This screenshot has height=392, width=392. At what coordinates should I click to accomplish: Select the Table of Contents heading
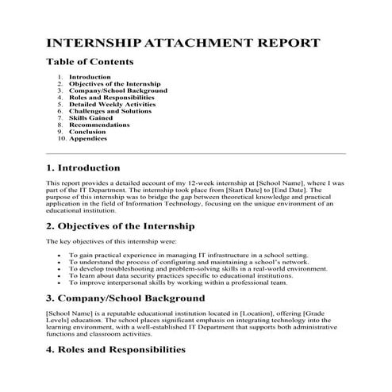coord(90,61)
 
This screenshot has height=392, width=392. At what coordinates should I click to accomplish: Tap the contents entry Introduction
coord(90,77)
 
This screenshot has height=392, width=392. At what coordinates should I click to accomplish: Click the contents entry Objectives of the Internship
coord(114,84)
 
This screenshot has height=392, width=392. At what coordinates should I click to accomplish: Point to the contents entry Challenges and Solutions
coord(110,111)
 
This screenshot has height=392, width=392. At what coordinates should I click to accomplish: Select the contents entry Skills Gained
coord(90,117)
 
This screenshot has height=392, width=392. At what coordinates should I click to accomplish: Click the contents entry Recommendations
coord(99,125)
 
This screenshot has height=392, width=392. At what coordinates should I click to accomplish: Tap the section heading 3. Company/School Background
coord(125,298)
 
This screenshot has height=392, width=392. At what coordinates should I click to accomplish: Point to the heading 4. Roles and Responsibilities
coord(116,348)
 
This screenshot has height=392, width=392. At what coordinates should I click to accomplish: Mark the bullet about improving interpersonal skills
coord(178,282)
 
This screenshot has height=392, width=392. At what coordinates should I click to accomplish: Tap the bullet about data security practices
coord(182,275)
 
